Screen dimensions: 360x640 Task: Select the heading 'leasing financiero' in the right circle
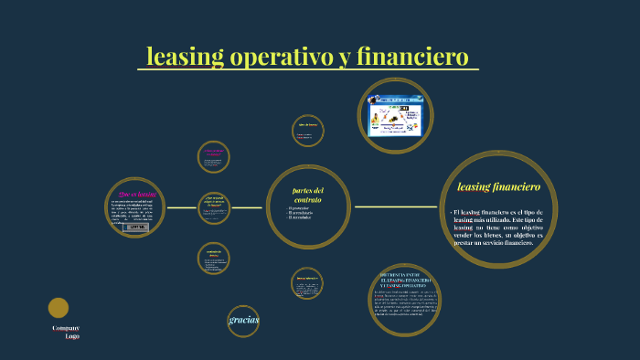(498, 186)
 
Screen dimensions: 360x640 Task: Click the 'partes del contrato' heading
(307, 195)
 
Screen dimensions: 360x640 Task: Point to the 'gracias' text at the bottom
(244, 319)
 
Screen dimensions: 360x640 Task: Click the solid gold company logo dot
(59, 308)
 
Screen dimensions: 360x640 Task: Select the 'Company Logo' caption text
(66, 332)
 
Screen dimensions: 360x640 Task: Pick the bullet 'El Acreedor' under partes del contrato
(299, 217)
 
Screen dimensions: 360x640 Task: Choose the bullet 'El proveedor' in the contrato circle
(299, 207)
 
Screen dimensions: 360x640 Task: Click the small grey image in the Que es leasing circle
(135, 227)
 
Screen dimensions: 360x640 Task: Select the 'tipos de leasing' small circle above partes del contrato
(307, 130)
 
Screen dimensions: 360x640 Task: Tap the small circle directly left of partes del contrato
(214, 207)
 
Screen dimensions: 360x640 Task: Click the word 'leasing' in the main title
(185, 57)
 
